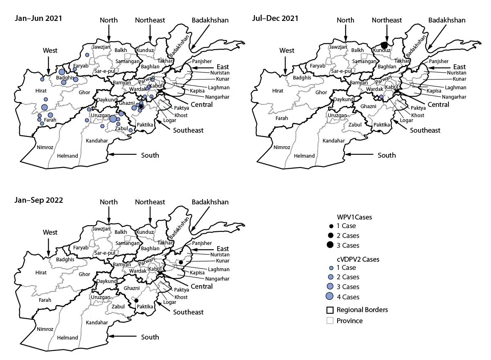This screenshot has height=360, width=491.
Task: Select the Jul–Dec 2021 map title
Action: pos(275,18)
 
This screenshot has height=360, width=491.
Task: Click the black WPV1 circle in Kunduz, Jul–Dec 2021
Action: pos(384,45)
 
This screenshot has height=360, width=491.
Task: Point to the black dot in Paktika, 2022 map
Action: pos(136,301)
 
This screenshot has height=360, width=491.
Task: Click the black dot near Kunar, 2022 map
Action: pos(181,262)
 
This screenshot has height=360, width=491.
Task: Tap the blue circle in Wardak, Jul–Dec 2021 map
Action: pos(381,97)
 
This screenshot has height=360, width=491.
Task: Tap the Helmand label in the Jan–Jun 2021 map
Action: pos(68,156)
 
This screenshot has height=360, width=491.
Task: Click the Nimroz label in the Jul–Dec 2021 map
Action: pos(282,147)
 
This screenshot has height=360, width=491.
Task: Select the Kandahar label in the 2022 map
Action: pos(97,323)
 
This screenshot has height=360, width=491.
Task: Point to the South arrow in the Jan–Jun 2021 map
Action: pos(123,155)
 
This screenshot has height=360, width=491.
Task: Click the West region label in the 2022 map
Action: pos(50,232)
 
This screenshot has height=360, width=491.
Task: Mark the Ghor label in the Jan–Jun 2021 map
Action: pos(84,93)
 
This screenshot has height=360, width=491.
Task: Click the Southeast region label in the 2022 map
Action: pos(188,312)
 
